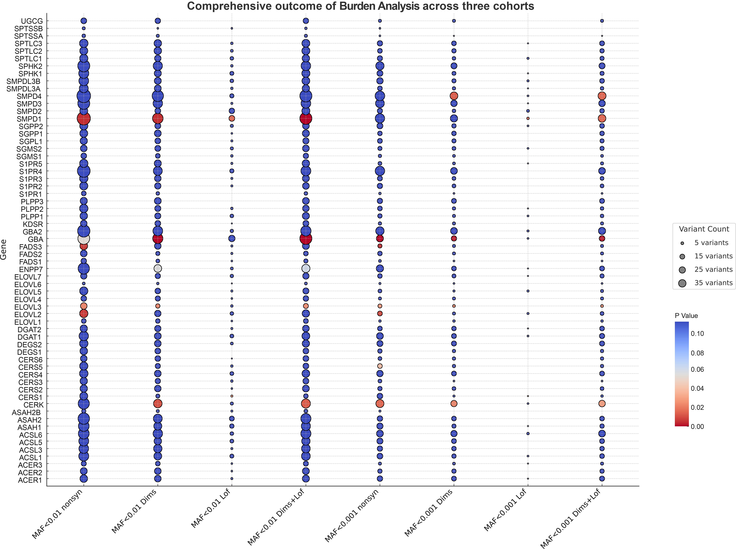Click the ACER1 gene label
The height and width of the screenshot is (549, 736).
30,480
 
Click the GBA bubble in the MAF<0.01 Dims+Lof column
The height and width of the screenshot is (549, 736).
306,239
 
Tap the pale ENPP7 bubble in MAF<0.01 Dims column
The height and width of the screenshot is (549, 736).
158,269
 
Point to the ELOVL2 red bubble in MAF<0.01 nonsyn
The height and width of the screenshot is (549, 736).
84,313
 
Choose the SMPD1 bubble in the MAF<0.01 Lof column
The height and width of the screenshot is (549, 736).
232,118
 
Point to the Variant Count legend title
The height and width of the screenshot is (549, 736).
704,229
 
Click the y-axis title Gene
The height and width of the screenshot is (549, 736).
4,250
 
